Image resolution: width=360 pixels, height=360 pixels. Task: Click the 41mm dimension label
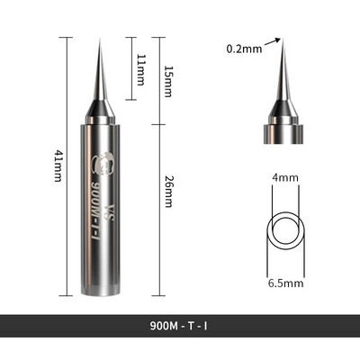pyautogui.click(x=58, y=166)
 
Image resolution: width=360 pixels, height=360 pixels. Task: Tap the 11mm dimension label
pyautogui.click(x=140, y=70)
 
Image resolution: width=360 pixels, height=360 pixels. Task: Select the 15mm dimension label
pyautogui.click(x=168, y=81)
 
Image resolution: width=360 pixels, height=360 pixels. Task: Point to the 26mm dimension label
pyautogui.click(x=168, y=192)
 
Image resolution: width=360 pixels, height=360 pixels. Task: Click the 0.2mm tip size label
pyautogui.click(x=244, y=49)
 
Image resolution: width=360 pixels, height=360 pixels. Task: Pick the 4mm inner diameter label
pyautogui.click(x=285, y=178)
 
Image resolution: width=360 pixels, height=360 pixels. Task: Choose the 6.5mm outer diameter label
pyautogui.click(x=285, y=283)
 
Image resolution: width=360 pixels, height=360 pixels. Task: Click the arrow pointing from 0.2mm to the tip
pyautogui.click(x=273, y=42)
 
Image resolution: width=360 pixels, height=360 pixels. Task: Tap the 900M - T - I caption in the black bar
pyautogui.click(x=178, y=326)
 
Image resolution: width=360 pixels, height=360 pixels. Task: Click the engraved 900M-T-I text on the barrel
pyautogui.click(x=94, y=210)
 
